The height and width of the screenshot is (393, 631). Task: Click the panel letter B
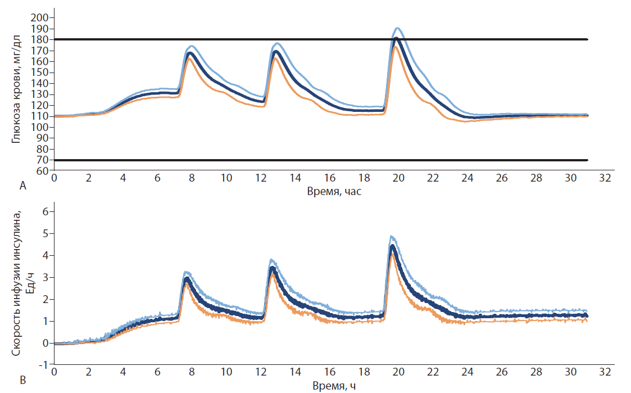click(x=23, y=381)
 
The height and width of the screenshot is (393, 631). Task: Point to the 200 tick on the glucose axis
click(x=43, y=18)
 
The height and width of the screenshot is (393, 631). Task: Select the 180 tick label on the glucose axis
click(x=43, y=39)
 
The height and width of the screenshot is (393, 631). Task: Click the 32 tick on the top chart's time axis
click(x=605, y=178)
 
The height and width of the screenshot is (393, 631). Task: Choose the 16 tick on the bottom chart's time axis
click(x=330, y=373)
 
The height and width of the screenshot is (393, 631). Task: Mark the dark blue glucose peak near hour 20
click(x=396, y=39)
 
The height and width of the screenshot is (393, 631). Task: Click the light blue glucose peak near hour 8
click(x=192, y=46)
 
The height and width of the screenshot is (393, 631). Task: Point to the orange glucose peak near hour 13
click(x=276, y=57)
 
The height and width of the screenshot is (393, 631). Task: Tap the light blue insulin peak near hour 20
click(x=392, y=236)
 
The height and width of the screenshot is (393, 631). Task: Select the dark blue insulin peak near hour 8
click(x=188, y=278)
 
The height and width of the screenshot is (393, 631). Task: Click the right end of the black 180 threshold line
click(x=587, y=39)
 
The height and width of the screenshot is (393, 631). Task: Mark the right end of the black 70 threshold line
click(x=587, y=160)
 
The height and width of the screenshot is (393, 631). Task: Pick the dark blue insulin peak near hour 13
click(x=273, y=268)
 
